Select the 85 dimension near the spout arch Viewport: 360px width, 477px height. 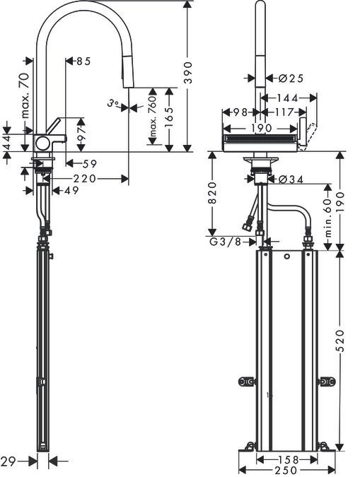[x=83, y=61]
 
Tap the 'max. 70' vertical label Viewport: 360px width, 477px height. [x=25, y=95]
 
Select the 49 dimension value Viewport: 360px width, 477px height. [x=71, y=190]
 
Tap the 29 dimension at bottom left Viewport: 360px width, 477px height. [x=8, y=461]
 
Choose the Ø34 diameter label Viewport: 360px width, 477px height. [x=291, y=179]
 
